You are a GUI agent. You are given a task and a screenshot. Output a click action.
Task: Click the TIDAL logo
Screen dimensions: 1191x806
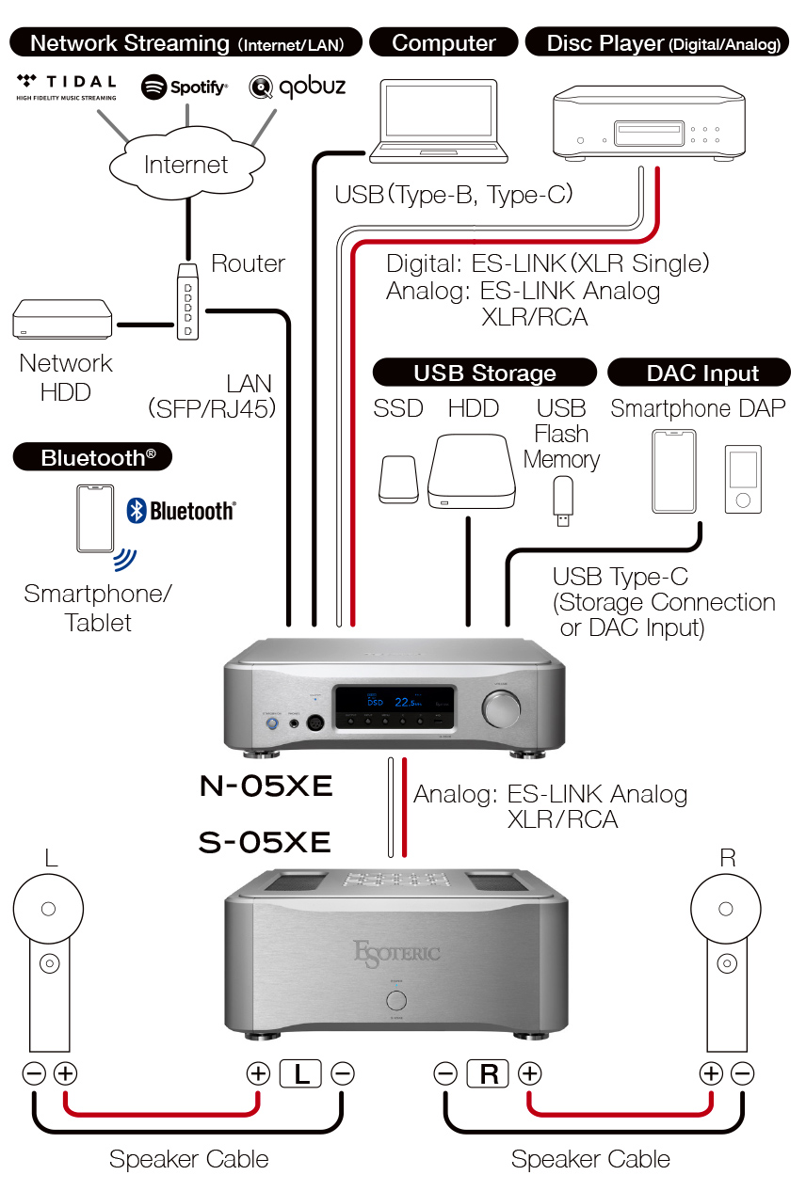click(x=66, y=86)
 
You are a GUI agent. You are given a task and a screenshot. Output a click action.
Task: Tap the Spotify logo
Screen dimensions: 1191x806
click(x=185, y=87)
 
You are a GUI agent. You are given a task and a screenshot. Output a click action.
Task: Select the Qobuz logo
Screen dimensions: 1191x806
click(x=298, y=87)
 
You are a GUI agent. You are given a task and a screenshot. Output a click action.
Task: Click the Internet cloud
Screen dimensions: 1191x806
click(x=185, y=166)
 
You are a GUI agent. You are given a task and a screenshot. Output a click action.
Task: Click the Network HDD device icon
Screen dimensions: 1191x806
click(x=63, y=321)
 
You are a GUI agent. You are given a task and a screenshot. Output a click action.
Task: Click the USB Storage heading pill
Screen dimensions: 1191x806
click(x=485, y=373)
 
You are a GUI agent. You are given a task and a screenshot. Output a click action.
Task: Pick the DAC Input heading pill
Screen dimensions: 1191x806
click(x=702, y=373)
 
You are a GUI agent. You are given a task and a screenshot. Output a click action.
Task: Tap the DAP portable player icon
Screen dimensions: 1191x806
click(x=742, y=480)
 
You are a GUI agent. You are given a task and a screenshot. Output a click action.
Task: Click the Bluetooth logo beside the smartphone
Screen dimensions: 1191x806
click(x=181, y=511)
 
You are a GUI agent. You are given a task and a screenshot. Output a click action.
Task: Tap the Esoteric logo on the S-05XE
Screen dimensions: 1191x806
click(x=395, y=952)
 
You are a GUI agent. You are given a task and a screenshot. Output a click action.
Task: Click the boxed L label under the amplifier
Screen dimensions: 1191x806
click(x=300, y=1073)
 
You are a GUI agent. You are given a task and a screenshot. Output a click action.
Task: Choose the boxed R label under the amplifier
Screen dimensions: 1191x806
click(x=488, y=1073)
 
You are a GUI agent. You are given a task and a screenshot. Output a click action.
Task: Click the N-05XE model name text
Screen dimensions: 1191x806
click(x=266, y=786)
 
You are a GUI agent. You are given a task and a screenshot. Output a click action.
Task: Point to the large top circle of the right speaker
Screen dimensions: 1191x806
click(x=725, y=909)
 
